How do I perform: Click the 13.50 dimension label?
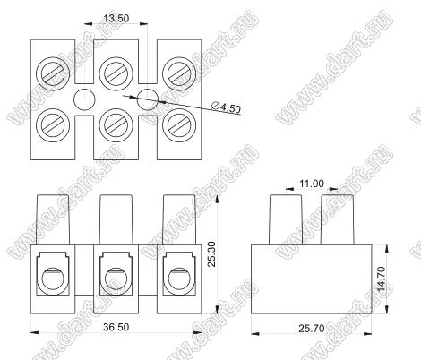pyautogui.click(x=116, y=19)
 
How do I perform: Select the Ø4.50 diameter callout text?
pyautogui.click(x=226, y=107)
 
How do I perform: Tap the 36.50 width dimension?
pyautogui.click(x=116, y=327)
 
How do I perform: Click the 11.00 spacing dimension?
pyautogui.click(x=312, y=184)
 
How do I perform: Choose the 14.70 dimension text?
pyautogui.click(x=381, y=279)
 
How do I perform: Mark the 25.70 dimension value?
pyautogui.click(x=312, y=329)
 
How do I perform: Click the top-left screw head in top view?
pyautogui.click(x=53, y=73)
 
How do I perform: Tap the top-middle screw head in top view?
pyautogui.click(x=116, y=73)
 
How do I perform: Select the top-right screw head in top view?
pyautogui.click(x=179, y=73)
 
